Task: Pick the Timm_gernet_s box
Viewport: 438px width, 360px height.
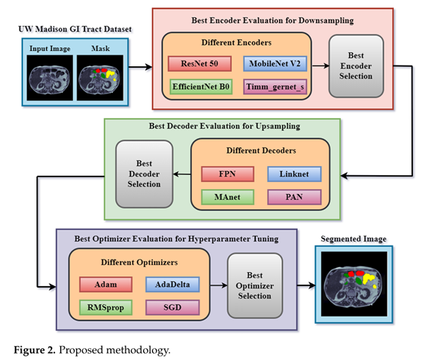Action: pos(273,87)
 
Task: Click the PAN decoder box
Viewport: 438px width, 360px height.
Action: pos(294,197)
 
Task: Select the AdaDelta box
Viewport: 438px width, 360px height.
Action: pos(172,285)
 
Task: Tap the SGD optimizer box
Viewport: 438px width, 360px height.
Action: pos(172,307)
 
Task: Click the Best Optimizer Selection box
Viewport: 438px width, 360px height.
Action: pos(255,286)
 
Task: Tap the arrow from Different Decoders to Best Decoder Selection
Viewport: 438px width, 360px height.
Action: pos(181,172)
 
